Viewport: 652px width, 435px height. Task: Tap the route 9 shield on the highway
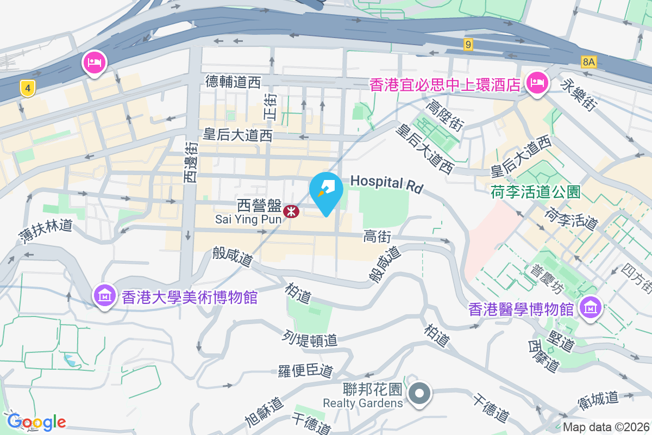click(468, 45)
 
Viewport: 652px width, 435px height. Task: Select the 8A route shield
click(588, 62)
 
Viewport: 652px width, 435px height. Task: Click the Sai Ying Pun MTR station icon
click(292, 211)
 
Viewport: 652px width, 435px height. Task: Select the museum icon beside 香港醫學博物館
click(590, 307)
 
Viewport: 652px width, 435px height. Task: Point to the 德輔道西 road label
click(233, 82)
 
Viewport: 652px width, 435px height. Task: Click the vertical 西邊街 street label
click(190, 162)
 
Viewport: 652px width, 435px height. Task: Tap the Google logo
click(36, 422)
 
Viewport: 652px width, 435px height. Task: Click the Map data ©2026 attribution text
click(605, 427)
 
